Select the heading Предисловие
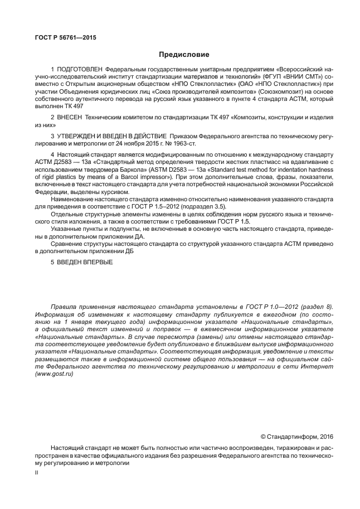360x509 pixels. coord(183,55)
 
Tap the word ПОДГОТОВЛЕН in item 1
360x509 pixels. coord(79,69)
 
